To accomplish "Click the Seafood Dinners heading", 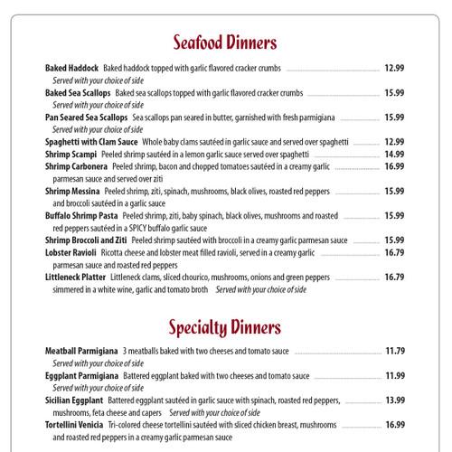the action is [225, 42].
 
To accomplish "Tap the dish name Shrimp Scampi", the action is [71, 155].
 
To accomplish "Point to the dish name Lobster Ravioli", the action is [73, 253].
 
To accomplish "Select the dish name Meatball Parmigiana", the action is [82, 351].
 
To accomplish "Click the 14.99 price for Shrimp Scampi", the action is [393, 155].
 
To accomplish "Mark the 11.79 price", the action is [393, 351].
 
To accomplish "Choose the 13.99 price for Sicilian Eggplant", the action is [393, 400].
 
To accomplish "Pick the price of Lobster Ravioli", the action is [393, 253].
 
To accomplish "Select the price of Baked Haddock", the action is [393, 68].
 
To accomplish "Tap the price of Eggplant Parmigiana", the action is [393, 375].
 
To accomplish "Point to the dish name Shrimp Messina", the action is [72, 191].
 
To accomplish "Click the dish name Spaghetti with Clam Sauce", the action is [91, 142].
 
